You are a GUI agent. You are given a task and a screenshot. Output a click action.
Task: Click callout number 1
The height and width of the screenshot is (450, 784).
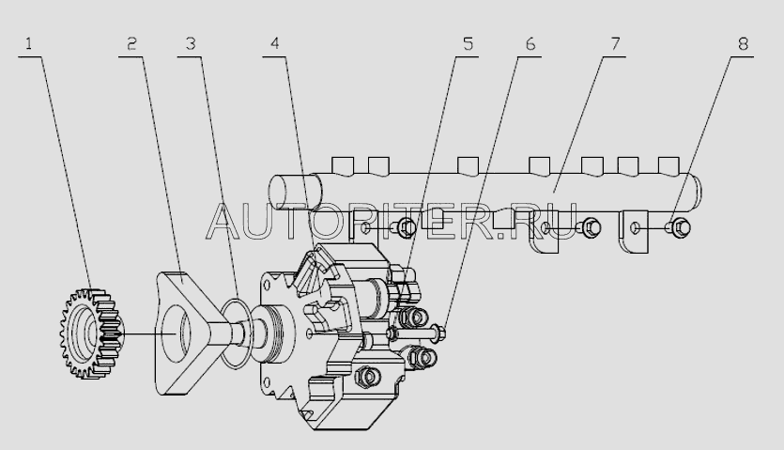(28, 44)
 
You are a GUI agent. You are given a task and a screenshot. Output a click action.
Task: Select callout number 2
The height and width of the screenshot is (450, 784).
(131, 44)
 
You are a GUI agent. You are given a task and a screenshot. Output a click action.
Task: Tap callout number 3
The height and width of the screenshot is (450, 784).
(191, 44)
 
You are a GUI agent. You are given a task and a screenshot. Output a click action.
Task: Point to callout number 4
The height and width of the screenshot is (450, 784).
(275, 44)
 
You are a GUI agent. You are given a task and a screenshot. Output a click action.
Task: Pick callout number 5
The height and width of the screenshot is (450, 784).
(468, 44)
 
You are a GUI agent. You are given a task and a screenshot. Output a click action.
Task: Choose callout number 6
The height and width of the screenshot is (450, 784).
(530, 44)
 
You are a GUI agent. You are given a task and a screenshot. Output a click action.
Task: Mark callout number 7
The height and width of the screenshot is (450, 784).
(615, 44)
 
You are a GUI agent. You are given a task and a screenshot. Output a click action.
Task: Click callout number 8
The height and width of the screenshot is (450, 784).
(743, 44)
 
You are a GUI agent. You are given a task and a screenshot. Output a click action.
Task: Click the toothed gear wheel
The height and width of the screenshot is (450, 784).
(91, 333)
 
